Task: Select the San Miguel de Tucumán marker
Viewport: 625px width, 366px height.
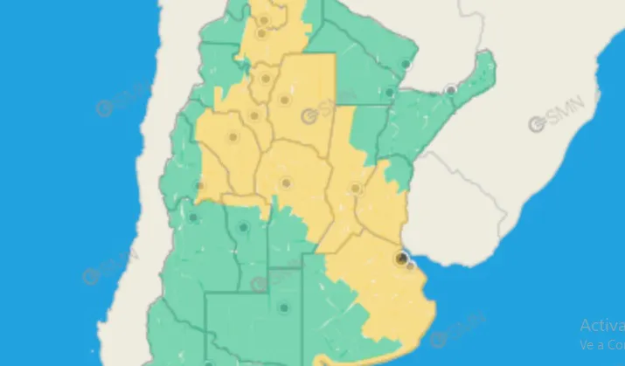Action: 262,78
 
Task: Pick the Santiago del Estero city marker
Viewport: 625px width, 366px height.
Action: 284,100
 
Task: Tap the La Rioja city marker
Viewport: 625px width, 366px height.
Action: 233,136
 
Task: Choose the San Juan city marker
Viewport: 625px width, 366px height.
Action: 200,185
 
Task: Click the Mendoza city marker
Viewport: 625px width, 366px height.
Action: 192,218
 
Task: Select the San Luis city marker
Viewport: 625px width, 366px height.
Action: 244,228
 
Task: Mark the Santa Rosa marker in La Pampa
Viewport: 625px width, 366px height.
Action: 283,307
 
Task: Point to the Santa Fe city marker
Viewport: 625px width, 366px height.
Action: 356,189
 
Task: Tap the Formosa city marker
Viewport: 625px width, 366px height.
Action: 406,64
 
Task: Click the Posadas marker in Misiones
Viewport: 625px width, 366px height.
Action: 451,90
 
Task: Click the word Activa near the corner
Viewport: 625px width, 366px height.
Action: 602,325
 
